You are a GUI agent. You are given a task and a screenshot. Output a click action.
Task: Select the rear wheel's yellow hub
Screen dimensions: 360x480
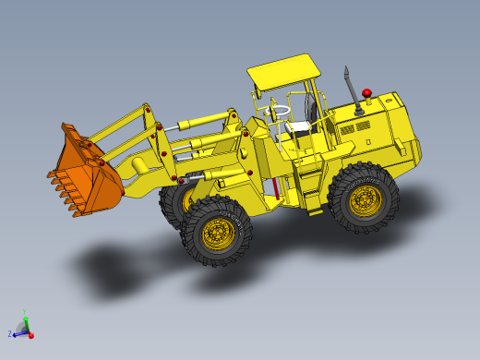click(365, 198)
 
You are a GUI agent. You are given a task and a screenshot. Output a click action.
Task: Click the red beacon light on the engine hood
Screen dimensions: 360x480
click(366, 93)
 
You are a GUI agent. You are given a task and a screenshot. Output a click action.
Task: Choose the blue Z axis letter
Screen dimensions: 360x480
click(10, 333)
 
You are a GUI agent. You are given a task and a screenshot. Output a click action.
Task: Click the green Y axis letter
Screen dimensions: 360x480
click(24, 312)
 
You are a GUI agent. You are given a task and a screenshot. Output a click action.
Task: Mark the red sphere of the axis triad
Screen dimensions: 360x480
click(30, 335)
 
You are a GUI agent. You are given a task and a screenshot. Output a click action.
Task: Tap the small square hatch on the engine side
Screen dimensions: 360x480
click(367, 142)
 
